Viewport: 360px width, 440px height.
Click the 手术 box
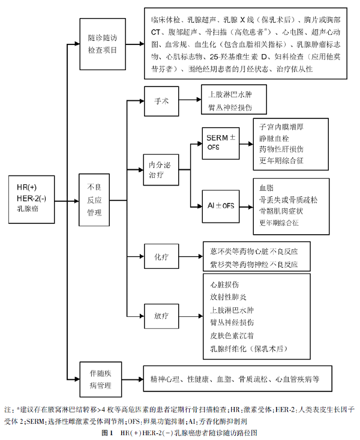[162, 100]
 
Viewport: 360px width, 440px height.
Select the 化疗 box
[161, 256]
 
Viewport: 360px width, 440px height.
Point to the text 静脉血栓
[274, 139]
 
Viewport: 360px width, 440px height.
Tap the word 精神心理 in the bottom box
[165, 379]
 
